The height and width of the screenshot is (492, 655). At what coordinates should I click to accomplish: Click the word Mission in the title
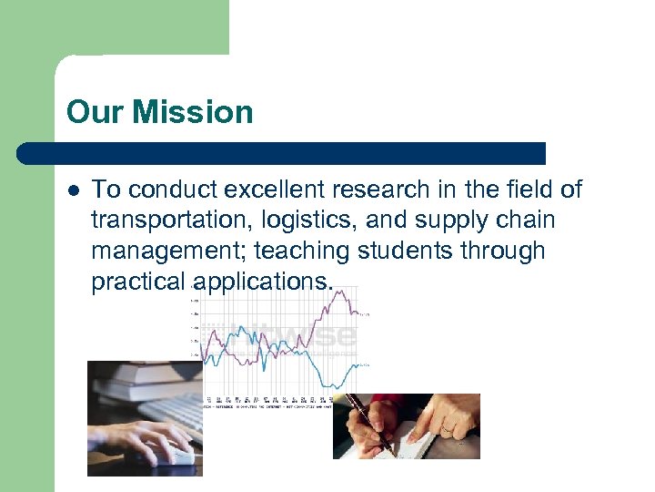[x=193, y=113]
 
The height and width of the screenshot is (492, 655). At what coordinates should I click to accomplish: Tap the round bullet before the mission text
[x=74, y=190]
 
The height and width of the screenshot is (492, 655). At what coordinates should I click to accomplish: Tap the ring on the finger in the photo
[x=447, y=425]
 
